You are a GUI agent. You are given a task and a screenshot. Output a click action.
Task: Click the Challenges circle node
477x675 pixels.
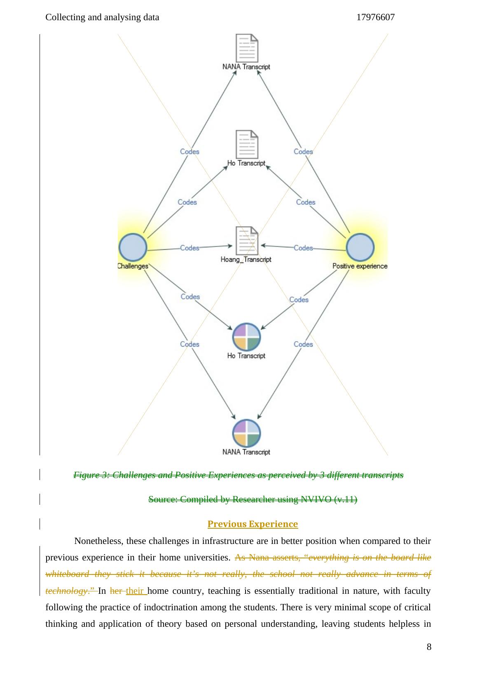[133, 248]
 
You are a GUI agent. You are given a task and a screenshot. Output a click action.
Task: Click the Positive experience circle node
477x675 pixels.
[360, 248]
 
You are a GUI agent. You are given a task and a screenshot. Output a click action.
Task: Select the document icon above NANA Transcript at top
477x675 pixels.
[246, 48]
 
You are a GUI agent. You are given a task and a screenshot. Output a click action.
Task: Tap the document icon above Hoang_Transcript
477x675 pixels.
[246, 241]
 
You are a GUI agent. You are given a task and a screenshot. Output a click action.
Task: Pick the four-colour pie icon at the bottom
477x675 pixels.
[246, 433]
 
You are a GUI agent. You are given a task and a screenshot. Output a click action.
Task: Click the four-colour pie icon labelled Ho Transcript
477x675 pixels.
[246, 337]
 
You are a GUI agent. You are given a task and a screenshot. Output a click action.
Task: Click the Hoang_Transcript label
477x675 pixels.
[246, 260]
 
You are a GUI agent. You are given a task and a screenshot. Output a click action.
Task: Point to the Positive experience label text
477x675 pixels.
[360, 266]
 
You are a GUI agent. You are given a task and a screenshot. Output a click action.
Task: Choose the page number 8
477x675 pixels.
[429, 647]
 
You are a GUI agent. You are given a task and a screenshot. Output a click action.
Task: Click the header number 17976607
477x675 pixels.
[375, 17]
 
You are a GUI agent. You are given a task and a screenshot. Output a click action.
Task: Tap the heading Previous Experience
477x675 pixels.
[253, 524]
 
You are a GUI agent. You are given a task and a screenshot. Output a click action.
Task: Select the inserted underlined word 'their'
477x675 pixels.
[135, 591]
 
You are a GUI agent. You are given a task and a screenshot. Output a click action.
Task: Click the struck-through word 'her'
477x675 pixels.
[116, 591]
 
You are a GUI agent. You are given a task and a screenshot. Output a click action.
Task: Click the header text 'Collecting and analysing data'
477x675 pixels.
[102, 17]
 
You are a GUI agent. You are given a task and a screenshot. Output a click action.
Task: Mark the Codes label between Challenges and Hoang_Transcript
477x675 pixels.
[189, 248]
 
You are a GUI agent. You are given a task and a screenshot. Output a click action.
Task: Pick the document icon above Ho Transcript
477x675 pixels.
[246, 144]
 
